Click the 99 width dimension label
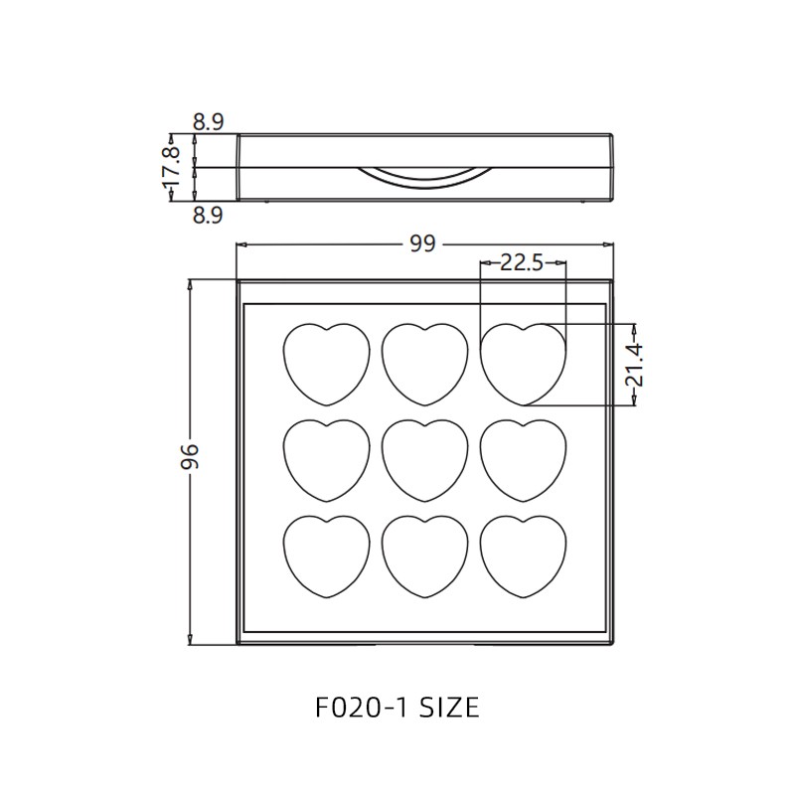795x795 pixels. (x=422, y=244)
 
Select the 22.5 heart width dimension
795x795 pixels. (x=521, y=263)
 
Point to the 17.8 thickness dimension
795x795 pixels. (x=172, y=168)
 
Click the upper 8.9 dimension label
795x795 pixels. (x=208, y=122)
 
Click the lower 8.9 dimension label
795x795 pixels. (x=208, y=215)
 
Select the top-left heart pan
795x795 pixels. (x=326, y=364)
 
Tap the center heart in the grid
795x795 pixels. (x=424, y=459)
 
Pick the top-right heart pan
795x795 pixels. (x=523, y=364)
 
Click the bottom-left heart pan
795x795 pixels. (x=326, y=556)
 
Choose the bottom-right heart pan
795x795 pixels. (x=523, y=556)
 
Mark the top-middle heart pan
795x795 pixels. (x=424, y=364)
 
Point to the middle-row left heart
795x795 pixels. (x=326, y=459)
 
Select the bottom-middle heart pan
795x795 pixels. (x=424, y=556)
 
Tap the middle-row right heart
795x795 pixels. (x=523, y=459)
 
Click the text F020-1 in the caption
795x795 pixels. (x=358, y=708)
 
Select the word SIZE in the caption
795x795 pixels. (x=448, y=708)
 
